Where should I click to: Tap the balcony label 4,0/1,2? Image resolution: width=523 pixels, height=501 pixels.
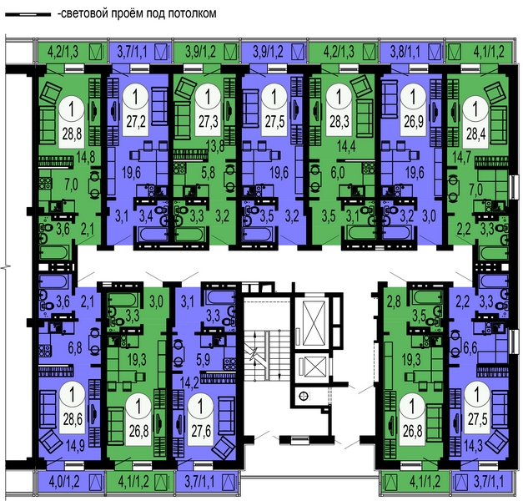point(64,482)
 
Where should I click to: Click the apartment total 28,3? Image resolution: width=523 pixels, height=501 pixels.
point(339,121)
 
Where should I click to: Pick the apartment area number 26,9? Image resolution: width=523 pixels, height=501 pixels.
point(414,122)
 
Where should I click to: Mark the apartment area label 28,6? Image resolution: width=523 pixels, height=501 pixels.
point(73,419)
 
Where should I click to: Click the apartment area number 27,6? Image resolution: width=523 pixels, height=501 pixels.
point(201,431)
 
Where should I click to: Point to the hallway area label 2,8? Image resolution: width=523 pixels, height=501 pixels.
point(394,303)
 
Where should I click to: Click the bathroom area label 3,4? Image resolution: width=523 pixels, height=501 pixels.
point(146,216)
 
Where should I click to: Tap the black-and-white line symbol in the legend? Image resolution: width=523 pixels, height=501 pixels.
point(28,14)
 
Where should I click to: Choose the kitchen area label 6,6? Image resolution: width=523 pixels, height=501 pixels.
point(470,347)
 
